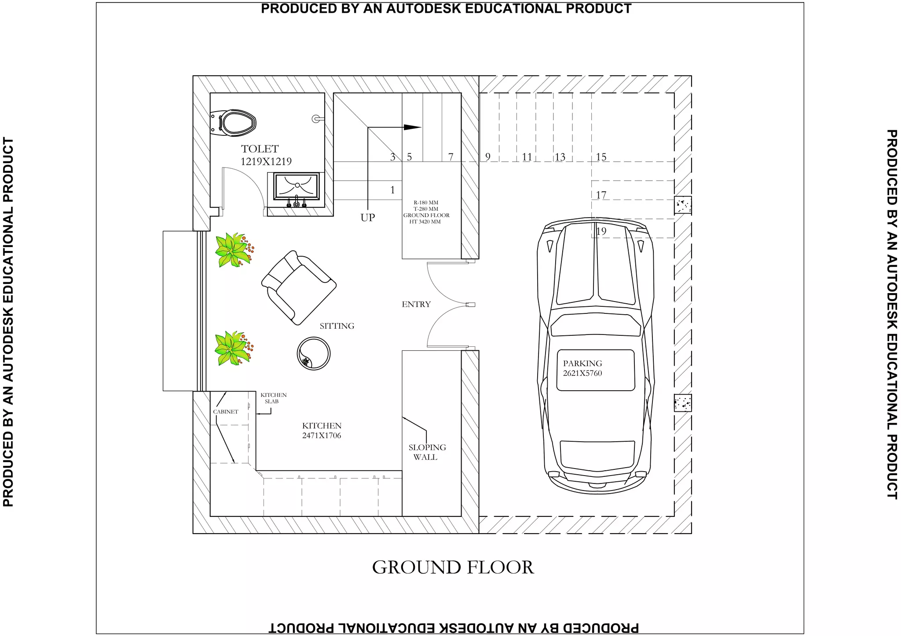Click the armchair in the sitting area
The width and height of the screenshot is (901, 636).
299,287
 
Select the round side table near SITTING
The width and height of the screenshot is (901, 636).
314,353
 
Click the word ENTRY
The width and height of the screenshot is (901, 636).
416,304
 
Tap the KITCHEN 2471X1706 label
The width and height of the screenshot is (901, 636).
322,431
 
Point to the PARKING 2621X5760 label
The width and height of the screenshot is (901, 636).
582,368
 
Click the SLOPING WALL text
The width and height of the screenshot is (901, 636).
427,452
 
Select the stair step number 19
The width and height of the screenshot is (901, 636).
601,231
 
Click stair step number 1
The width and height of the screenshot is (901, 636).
392,190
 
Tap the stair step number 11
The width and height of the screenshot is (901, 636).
527,157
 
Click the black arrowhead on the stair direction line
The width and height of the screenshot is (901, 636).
413,127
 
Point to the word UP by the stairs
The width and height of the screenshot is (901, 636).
368,218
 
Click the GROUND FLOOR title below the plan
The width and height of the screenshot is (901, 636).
453,567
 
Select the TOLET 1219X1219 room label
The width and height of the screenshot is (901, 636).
266,155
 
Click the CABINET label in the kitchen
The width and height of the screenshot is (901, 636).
226,412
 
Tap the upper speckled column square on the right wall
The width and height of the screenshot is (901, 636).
682,205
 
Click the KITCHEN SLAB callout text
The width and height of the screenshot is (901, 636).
273,398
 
